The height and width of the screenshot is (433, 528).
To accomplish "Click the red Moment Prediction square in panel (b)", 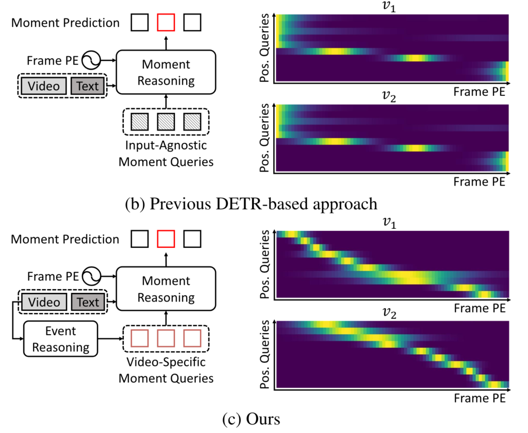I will click(x=166, y=23).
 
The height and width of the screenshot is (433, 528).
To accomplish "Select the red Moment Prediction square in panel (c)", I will click(x=166, y=239).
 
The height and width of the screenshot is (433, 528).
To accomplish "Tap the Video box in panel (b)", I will click(x=43, y=86).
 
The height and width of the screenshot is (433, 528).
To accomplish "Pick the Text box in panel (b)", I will click(x=87, y=86).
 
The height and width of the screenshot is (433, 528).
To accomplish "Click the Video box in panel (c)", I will click(x=43, y=302).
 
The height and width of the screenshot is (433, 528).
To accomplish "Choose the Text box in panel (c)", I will click(x=87, y=302).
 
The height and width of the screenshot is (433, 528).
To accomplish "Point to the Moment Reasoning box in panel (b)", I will click(x=166, y=72).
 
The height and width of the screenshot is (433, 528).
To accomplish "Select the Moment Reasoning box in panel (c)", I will click(x=166, y=289).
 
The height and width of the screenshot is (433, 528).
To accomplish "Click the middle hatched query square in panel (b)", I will click(x=166, y=122).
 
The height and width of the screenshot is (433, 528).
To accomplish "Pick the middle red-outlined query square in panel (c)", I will click(x=166, y=338).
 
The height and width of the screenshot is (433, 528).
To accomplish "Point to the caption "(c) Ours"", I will click(x=251, y=419).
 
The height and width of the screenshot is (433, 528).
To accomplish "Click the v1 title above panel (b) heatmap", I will click(x=392, y=7).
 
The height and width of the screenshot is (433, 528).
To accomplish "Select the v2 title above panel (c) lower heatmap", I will click(x=392, y=313).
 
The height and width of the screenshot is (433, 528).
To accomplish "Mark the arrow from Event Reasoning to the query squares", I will click(x=110, y=340).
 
